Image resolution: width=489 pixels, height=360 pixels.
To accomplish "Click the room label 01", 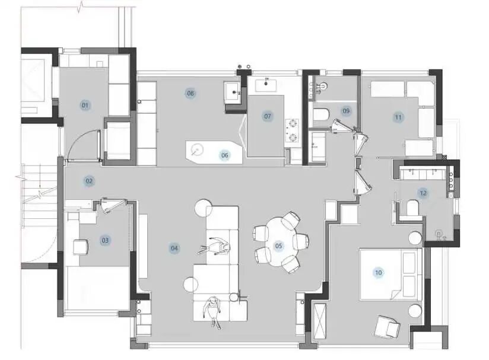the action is pyautogui.click(x=85, y=106).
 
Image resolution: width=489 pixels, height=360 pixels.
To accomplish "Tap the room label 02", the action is pyautogui.click(x=89, y=181).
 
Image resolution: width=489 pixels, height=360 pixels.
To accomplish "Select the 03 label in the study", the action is pyautogui.click(x=105, y=240).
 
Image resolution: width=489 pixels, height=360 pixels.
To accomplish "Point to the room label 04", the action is pyautogui.click(x=174, y=248).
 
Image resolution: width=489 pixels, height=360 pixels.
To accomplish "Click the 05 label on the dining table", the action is pyautogui.click(x=278, y=246).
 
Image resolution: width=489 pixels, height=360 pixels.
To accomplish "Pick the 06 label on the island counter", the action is pyautogui.click(x=224, y=155).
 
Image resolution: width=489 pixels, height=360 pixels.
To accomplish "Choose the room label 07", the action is pyautogui.click(x=267, y=116).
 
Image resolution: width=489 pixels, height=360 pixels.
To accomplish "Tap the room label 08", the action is pyautogui.click(x=190, y=93).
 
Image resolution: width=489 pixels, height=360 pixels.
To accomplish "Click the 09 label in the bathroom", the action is pyautogui.click(x=346, y=111).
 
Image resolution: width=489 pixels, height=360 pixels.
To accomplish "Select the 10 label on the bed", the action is pyautogui.click(x=378, y=273).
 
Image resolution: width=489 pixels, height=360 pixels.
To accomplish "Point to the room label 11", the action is pyautogui.click(x=398, y=117).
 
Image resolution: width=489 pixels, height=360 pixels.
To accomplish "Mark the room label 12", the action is pyautogui.click(x=423, y=193).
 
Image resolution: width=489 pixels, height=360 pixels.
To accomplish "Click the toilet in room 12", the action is pyautogui.click(x=412, y=207).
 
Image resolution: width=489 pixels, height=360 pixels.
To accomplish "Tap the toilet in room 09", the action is pyautogui.click(x=321, y=114).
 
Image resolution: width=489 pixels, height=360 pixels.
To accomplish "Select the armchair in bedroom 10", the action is pyautogui.click(x=388, y=327).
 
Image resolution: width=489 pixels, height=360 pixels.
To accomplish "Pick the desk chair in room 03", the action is pyautogui.click(x=81, y=247).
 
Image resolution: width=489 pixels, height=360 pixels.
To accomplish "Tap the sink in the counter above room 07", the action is pyautogui.click(x=266, y=85).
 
